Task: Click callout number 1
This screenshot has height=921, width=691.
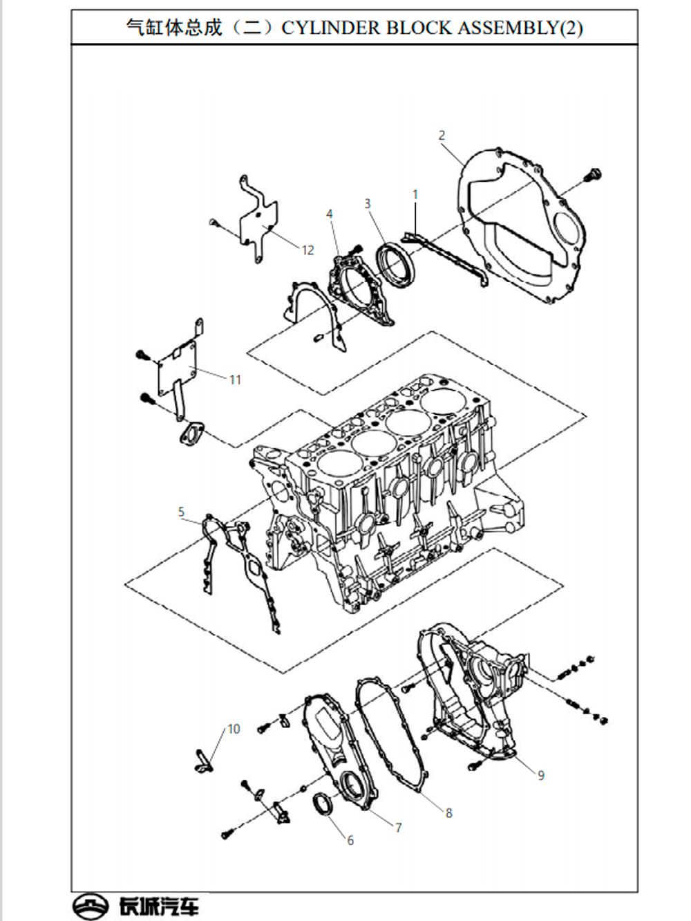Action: pyautogui.click(x=415, y=195)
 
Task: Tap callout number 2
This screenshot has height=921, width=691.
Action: pyautogui.click(x=442, y=136)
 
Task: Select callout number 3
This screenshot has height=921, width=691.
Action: pyautogui.click(x=368, y=204)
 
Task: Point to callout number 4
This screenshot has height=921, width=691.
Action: pyautogui.click(x=330, y=214)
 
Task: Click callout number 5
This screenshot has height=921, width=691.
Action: pyautogui.click(x=181, y=512)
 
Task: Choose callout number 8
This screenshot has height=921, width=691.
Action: pyautogui.click(x=448, y=813)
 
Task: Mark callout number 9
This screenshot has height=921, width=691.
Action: pyautogui.click(x=541, y=776)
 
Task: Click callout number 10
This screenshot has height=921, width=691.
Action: pyautogui.click(x=234, y=729)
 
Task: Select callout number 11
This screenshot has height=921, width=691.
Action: pyautogui.click(x=235, y=380)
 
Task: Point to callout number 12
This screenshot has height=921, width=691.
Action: pyautogui.click(x=307, y=250)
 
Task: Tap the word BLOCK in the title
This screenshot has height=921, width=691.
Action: pyautogui.click(x=419, y=28)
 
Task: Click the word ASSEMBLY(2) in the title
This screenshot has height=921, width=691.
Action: pyautogui.click(x=520, y=28)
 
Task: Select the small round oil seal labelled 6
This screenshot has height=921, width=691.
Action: pyautogui.click(x=323, y=803)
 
